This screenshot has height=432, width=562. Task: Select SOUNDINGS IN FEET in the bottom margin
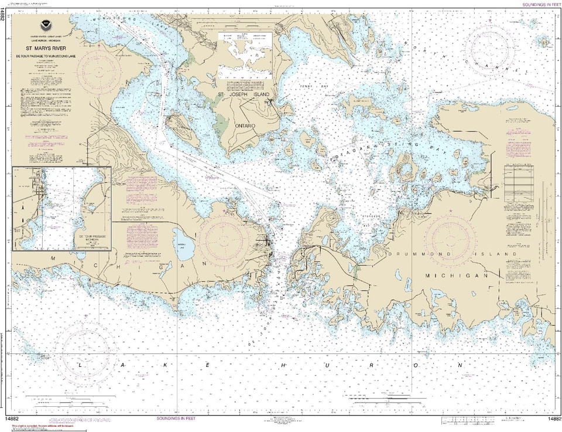click(176, 419)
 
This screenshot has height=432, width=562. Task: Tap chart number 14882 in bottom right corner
click(554, 419)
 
